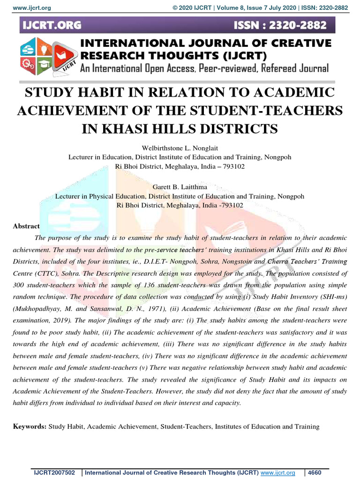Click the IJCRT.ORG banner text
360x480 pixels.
[x=51, y=25]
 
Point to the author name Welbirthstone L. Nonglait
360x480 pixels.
[x=180, y=148]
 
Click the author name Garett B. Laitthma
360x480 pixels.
[x=180, y=187]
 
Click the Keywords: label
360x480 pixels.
[x=30, y=427]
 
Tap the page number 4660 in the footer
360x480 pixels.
[x=316, y=473]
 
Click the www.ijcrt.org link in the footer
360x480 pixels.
[x=278, y=473]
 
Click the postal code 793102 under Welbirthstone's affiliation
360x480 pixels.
[x=231, y=166]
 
